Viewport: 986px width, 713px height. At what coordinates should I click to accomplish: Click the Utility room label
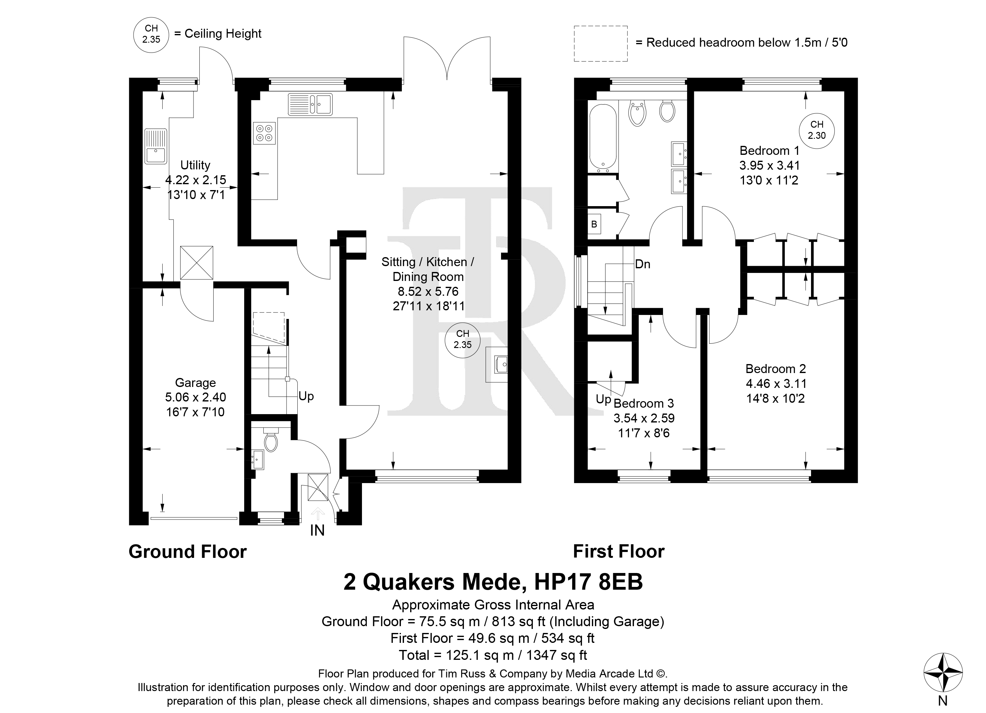pyautogui.click(x=195, y=165)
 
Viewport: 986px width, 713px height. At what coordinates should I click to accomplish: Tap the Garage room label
pyautogui.click(x=195, y=383)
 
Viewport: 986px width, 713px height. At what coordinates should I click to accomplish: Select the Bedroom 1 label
pyautogui.click(x=770, y=151)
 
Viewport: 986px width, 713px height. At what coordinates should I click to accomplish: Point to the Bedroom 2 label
pyautogui.click(x=776, y=369)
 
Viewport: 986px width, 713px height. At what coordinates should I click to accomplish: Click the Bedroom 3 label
pyautogui.click(x=644, y=403)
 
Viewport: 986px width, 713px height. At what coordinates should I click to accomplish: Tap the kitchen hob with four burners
pyautogui.click(x=264, y=134)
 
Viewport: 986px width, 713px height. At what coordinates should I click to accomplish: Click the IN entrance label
pyautogui.click(x=317, y=530)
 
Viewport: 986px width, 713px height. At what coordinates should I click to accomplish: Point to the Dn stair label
pyautogui.click(x=643, y=264)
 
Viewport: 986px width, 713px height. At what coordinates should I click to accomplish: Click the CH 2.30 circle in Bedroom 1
pyautogui.click(x=816, y=130)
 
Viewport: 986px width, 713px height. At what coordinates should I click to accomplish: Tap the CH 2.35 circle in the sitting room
pyautogui.click(x=463, y=340)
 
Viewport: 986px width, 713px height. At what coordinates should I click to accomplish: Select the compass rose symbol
pyautogui.click(x=942, y=673)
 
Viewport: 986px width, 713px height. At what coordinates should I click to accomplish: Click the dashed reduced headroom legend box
pyautogui.click(x=601, y=44)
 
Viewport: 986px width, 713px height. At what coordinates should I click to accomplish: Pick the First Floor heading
pyautogui.click(x=618, y=552)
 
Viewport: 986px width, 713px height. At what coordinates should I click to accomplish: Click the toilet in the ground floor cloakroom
pyautogui.click(x=270, y=440)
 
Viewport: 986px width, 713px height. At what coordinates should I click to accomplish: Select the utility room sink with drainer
pyautogui.click(x=156, y=146)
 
